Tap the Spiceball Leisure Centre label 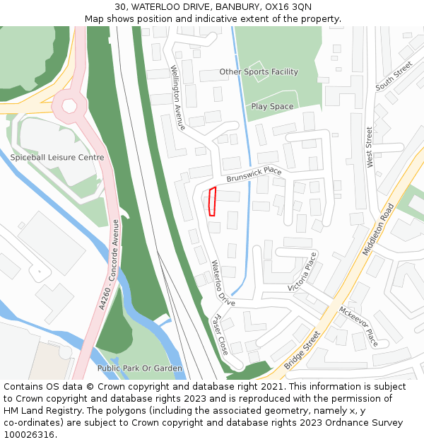57,158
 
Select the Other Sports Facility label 259,72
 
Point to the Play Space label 272,107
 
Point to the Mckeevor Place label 359,325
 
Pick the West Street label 370,147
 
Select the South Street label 394,76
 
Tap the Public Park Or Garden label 140,368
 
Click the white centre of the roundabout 69,106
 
